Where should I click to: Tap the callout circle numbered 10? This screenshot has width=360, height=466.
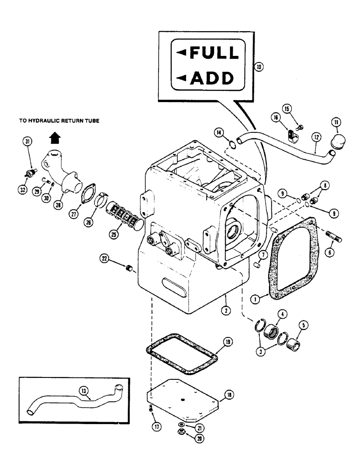point(259,67)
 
